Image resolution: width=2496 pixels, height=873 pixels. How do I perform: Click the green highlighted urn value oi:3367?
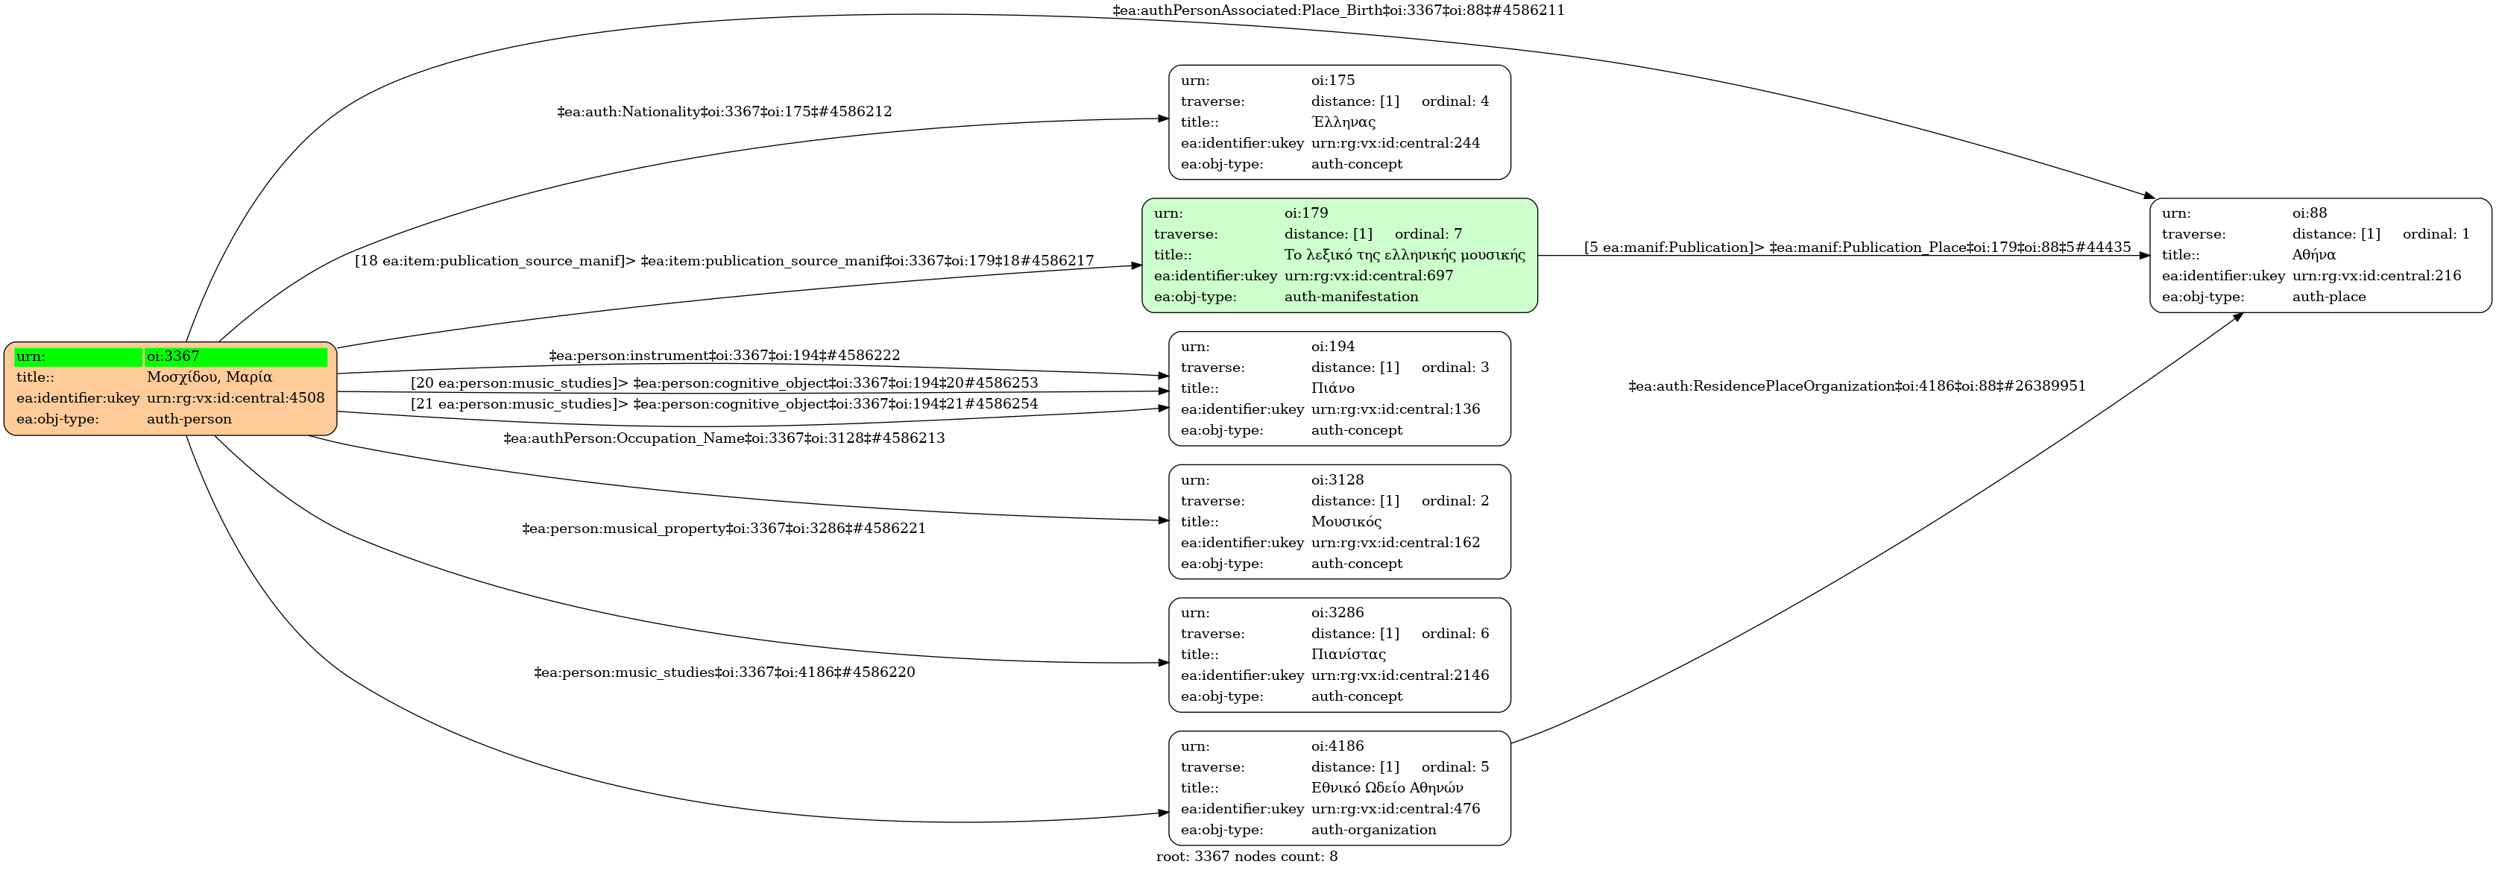[174, 356]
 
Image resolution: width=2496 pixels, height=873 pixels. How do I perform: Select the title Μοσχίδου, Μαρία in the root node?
[209, 377]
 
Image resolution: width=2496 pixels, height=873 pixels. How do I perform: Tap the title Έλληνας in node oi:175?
[1343, 122]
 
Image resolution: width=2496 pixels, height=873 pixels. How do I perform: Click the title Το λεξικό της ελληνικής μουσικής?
[1404, 255]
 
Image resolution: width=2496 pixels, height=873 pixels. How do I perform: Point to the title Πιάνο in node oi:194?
[1332, 388]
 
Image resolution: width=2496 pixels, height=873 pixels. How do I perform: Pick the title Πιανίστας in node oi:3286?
[1348, 654]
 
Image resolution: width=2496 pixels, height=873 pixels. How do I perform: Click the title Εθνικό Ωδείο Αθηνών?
[1387, 788]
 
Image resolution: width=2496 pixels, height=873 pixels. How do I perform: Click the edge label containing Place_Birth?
[1338, 10]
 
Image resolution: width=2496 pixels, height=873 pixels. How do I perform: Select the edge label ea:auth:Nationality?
[724, 111]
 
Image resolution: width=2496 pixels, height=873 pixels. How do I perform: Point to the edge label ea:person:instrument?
[724, 356]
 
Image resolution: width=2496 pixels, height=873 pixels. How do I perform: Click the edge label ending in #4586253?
[724, 382]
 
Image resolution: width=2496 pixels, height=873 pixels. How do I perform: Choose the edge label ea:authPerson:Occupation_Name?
[724, 438]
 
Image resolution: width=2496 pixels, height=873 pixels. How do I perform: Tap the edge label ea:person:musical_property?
[724, 528]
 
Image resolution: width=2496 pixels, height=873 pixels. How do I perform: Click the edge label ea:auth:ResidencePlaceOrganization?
[1856, 385]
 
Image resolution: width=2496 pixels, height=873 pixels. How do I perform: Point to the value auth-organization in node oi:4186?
[1373, 830]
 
